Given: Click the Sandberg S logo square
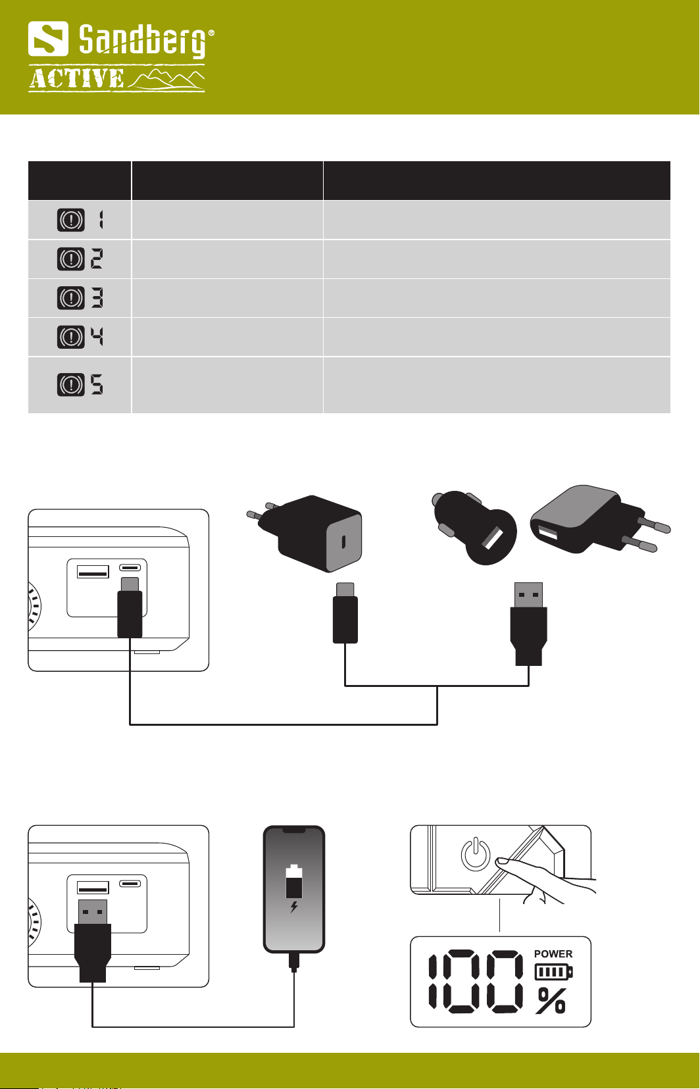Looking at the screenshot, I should (48, 39).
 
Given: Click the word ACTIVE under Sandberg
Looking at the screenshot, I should (76, 79).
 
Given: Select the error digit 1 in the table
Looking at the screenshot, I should (101, 220).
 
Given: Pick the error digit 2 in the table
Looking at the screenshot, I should (97, 259).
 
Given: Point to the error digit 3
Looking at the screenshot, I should (97, 298).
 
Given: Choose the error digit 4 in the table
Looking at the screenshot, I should (97, 337).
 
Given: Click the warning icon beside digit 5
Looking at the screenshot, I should (71, 384).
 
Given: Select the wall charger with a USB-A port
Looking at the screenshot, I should (592, 520).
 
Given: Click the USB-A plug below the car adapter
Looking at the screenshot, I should (528, 622).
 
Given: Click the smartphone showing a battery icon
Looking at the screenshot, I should (294, 888).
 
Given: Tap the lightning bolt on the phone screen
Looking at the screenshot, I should (294, 907).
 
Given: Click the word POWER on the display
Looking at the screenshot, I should (553, 953).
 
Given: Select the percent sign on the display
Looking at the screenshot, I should (551, 1000).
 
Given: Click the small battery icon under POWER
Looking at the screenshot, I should (553, 971).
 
